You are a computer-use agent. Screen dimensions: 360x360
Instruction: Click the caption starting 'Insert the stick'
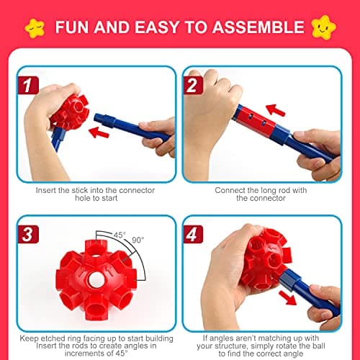(x=94, y=190)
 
